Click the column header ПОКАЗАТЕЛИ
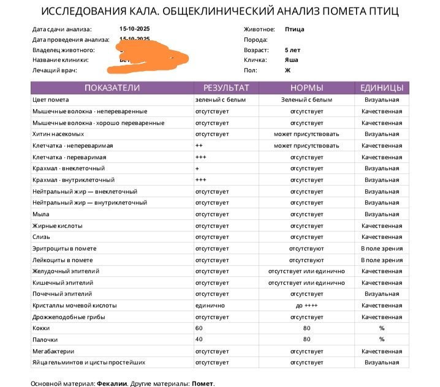(x=112, y=88)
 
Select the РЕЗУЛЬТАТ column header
(x=226, y=88)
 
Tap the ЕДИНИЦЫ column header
(x=381, y=88)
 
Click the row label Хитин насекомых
(x=58, y=134)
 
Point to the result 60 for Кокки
(x=199, y=328)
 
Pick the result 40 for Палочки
(x=199, y=339)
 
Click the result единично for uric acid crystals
(x=210, y=305)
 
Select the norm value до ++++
(x=307, y=305)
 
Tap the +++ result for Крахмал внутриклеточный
(x=200, y=180)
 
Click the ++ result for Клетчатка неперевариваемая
(x=199, y=146)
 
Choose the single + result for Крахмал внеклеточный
(x=197, y=168)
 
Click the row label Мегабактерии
(x=53, y=351)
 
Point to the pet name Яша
(x=292, y=61)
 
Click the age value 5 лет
(x=293, y=50)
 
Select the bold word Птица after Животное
(x=294, y=29)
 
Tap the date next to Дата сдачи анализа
(x=135, y=29)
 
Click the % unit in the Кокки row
(x=381, y=328)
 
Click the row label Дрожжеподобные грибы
(x=68, y=317)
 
